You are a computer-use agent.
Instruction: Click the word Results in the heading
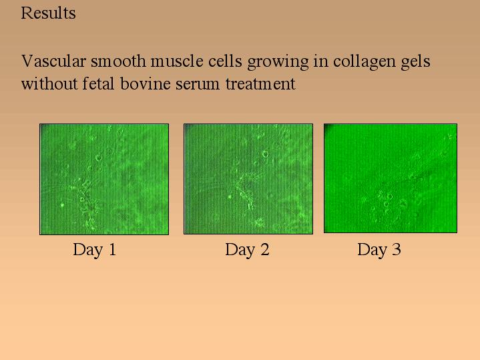click(x=48, y=13)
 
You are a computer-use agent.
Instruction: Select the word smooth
click(x=118, y=61)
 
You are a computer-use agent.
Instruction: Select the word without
click(x=49, y=83)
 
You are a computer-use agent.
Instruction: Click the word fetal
click(x=98, y=83)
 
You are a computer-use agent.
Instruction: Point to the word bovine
click(x=145, y=83)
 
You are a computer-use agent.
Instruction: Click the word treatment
click(x=260, y=84)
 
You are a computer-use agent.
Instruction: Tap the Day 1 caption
click(x=95, y=250)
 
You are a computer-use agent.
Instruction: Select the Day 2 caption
click(x=248, y=250)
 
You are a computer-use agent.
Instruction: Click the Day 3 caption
click(x=379, y=250)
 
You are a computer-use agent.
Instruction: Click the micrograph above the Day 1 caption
click(x=104, y=179)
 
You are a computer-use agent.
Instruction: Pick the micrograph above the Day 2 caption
click(x=248, y=179)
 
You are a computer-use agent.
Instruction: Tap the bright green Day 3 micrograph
click(x=391, y=178)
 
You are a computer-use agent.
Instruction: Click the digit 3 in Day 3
click(x=397, y=249)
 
